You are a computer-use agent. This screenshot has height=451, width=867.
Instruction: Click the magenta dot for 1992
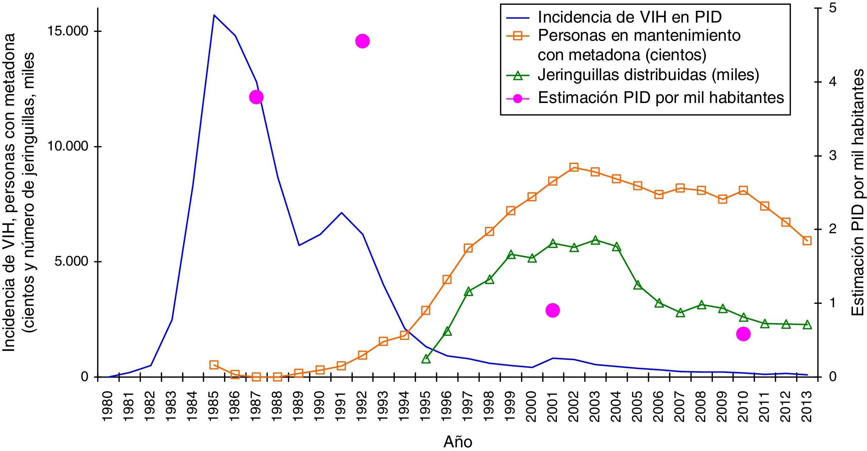363,41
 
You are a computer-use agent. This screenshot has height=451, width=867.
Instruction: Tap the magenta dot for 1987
256,97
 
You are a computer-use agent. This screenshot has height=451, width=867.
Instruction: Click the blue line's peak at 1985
214,15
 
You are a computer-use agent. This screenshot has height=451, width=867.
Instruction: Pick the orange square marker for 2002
574,167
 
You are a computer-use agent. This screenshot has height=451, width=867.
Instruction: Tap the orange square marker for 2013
807,241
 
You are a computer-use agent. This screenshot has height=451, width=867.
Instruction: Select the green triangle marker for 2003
595,240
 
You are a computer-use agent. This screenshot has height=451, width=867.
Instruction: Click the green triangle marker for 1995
426,359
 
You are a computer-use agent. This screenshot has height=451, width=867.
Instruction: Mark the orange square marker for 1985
214,365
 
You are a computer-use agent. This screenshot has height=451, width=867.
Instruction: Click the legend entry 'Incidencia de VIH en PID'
629,17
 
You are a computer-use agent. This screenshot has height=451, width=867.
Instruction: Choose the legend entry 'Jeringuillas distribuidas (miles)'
648,75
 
